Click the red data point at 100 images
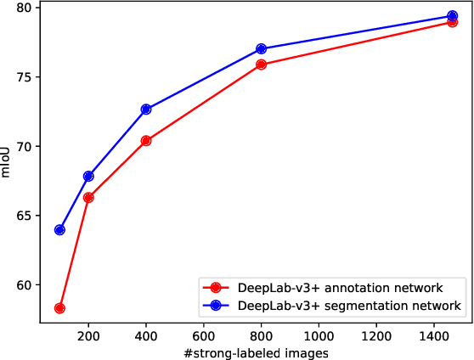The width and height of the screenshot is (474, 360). coord(59,308)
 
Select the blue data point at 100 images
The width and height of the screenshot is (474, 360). coord(59,230)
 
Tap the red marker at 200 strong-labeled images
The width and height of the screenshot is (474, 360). coord(88,197)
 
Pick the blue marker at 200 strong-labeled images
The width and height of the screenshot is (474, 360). coord(88,176)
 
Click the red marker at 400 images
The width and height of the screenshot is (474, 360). coord(146,140)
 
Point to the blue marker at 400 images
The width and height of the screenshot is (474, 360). coord(146,110)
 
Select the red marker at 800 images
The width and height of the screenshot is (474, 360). coord(261,65)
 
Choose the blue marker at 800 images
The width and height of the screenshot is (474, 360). coord(261,49)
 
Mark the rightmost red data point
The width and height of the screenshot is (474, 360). coord(452,22)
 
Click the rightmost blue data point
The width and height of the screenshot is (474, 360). coord(452,16)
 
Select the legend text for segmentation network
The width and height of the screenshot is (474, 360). coord(348,305)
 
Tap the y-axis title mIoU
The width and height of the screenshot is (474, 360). coord(8,162)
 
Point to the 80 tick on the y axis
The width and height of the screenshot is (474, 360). coord(24,8)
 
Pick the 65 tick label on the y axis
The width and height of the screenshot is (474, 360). coord(24,216)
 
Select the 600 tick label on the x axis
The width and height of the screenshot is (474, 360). coord(204,336)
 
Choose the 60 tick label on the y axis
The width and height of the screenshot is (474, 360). coord(24,285)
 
